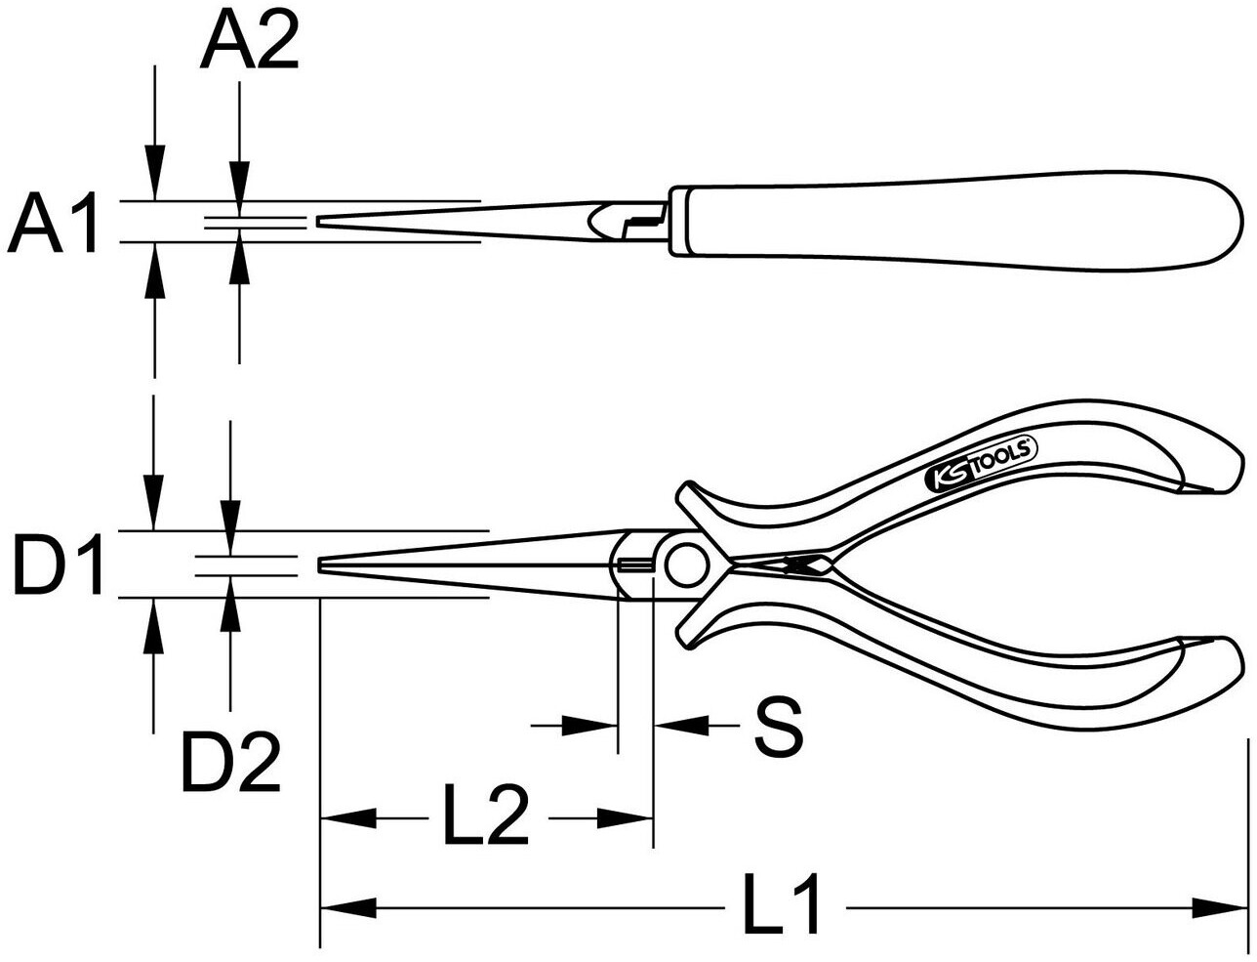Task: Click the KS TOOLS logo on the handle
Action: [x=981, y=465]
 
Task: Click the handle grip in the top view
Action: [x=956, y=222]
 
